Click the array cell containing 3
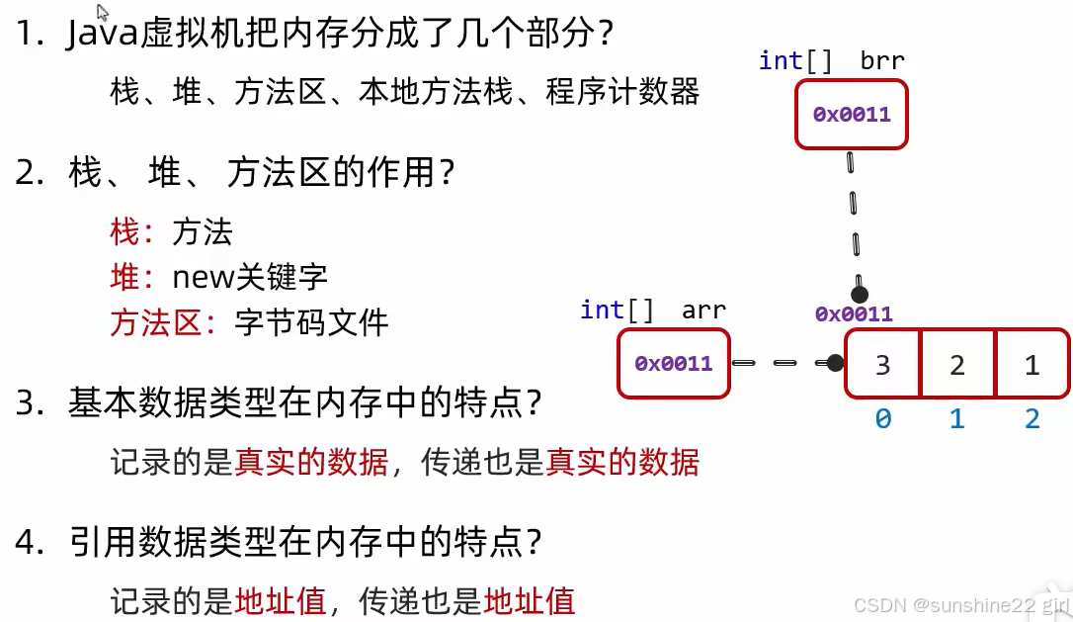coord(883,364)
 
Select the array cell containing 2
coord(958,364)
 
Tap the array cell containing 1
coord(1032,364)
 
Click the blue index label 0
coord(883,418)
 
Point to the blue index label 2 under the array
coord(1032,418)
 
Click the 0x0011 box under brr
coord(852,115)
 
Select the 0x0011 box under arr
coord(674,364)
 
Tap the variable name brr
coord(882,61)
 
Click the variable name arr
coord(703,311)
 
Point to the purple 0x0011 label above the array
coord(854,313)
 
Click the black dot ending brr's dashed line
coord(860,295)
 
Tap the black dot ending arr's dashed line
coord(835,363)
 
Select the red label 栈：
coord(131,231)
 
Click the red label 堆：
coord(131,278)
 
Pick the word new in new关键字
coord(201,278)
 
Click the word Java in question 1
coord(103,33)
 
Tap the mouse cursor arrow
coord(103,12)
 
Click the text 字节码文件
coord(311,322)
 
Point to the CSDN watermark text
coord(960,605)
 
